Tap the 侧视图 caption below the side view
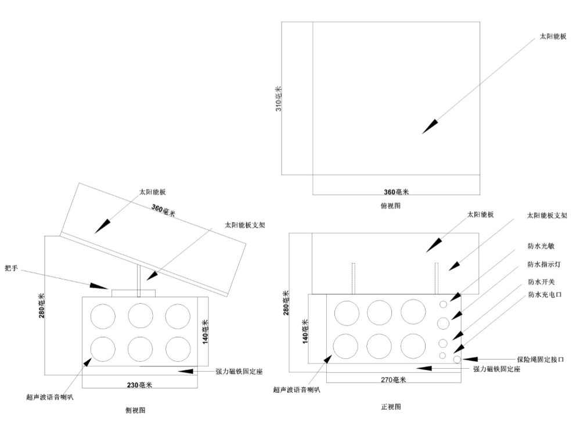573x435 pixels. click(x=135, y=410)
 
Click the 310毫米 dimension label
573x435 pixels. click(x=278, y=99)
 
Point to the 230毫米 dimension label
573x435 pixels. click(x=139, y=384)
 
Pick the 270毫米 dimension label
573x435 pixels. click(x=392, y=380)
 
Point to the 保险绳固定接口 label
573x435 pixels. click(x=540, y=359)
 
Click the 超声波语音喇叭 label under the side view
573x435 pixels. click(x=51, y=397)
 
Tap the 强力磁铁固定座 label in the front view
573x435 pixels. click(x=496, y=369)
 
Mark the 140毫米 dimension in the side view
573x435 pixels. click(x=205, y=332)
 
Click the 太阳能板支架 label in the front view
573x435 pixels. click(x=547, y=215)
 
